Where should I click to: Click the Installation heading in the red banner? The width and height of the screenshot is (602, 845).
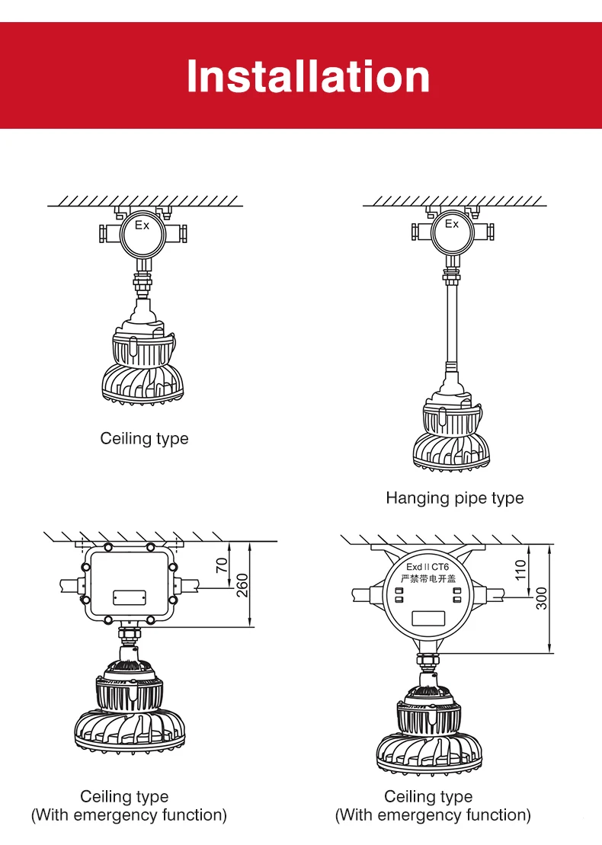point(308,77)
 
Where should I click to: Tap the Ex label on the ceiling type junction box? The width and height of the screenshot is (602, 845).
point(142,226)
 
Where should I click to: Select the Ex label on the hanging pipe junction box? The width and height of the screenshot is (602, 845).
point(452,224)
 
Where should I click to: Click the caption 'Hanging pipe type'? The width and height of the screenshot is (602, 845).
point(454,498)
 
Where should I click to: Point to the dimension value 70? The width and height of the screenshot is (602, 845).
point(223,565)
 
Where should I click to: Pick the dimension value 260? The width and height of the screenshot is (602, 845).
point(242,584)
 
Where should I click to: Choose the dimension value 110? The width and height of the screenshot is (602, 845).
point(520,569)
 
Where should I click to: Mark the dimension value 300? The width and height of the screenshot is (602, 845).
point(542,597)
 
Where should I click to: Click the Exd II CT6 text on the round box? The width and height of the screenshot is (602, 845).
point(427,568)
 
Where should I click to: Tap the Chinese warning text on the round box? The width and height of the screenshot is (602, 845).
point(427,581)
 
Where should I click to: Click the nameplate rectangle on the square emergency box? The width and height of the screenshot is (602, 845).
point(129,597)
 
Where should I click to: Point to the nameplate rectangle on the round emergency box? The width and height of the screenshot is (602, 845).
point(428,616)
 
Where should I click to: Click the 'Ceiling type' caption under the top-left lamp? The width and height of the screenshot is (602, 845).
point(144,439)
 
